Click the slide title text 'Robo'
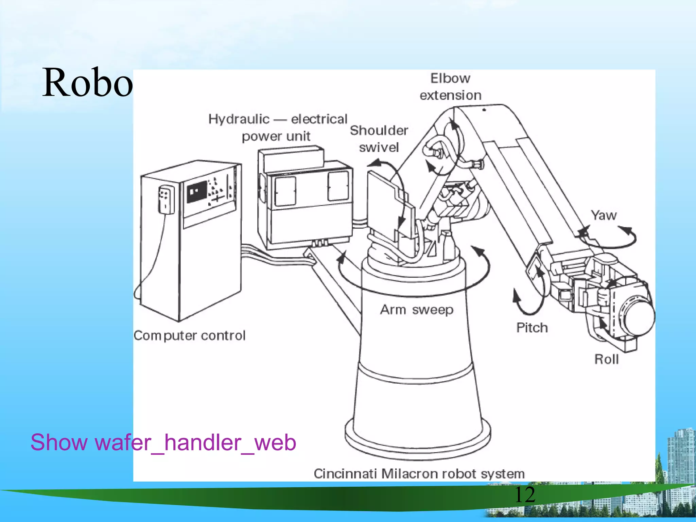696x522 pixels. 87,83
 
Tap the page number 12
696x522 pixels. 525,495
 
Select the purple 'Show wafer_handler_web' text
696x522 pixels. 163,442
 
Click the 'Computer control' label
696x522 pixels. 189,335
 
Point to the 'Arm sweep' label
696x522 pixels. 417,310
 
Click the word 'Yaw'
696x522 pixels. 604,215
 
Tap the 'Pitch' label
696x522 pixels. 532,328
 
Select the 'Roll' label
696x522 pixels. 607,359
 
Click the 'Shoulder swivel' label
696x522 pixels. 379,139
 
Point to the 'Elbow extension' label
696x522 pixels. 451,87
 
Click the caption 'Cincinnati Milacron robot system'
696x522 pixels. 419,473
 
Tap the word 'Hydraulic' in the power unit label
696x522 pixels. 239,119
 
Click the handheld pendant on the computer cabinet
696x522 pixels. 166,200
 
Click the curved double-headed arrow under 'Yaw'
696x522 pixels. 608,238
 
